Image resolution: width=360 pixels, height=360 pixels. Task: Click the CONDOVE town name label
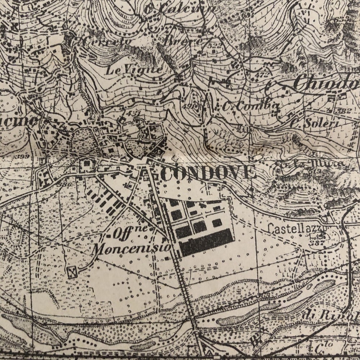[x=208, y=173]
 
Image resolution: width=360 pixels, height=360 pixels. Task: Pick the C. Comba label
[x=251, y=106]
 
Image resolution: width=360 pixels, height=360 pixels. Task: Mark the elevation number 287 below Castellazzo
[x=318, y=243]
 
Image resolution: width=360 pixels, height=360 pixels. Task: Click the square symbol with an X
[x=72, y=272]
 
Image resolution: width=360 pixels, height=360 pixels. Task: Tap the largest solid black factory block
[x=206, y=242]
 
